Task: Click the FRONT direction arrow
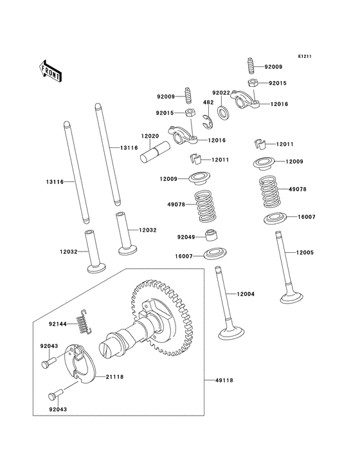(x=51, y=70)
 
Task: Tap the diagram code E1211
(x=305, y=57)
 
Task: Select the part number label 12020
(x=150, y=137)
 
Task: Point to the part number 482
(x=208, y=102)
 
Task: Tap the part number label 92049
(x=186, y=237)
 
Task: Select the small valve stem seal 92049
(x=210, y=234)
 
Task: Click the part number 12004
(x=246, y=294)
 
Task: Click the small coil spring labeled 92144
(x=84, y=322)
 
